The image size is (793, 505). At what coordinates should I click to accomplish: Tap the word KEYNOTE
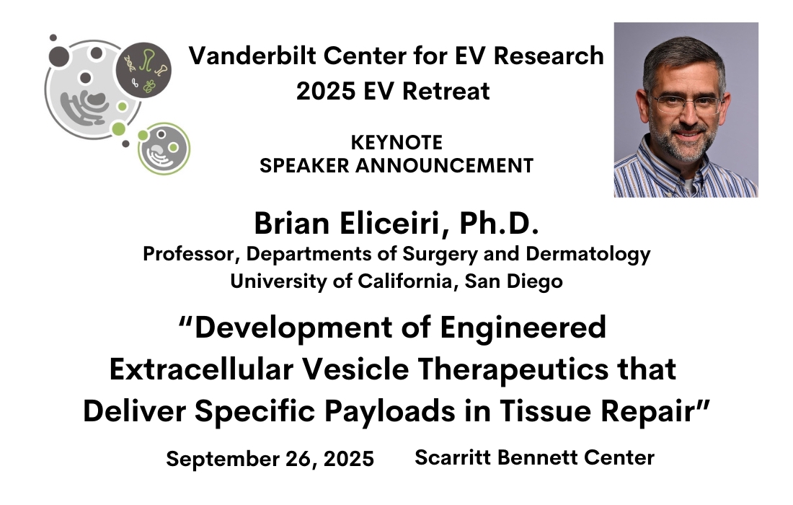pyautogui.click(x=396, y=142)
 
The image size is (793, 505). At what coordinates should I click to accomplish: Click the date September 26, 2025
pyautogui.click(x=270, y=459)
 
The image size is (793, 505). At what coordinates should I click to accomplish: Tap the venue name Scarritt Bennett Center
pyautogui.click(x=534, y=457)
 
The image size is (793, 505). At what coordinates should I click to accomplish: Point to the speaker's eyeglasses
pyautogui.click(x=687, y=103)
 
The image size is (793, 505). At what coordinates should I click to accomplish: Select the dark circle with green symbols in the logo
pyautogui.click(x=143, y=69)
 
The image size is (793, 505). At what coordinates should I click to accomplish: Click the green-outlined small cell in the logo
pyautogui.click(x=164, y=149)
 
